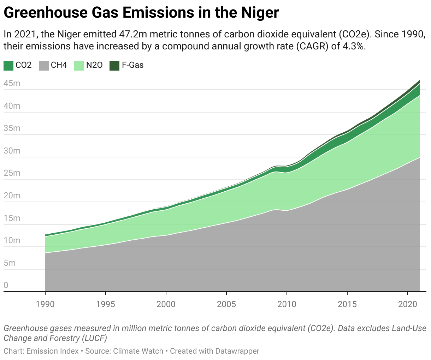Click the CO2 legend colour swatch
click(x=8, y=65)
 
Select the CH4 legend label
click(x=59, y=65)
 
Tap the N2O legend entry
click(x=94, y=65)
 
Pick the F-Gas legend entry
click(x=132, y=65)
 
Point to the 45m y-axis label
click(x=12, y=84)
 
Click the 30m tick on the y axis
click(x=12, y=151)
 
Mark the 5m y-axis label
click(x=10, y=263)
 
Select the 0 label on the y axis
click(x=6, y=285)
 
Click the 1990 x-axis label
click(x=45, y=304)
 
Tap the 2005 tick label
click(x=226, y=304)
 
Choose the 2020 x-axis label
click(x=408, y=304)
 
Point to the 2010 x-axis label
click(x=287, y=304)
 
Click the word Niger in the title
click(x=260, y=13)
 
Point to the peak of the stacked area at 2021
click(x=419, y=80)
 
